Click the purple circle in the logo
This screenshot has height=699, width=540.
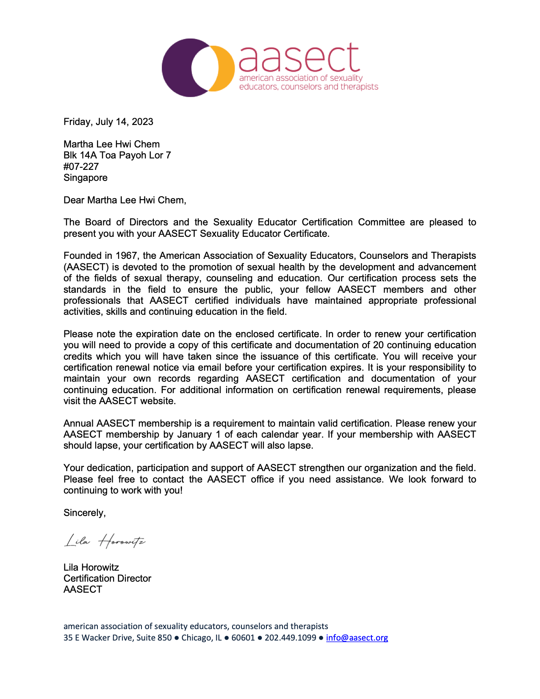click(x=178, y=68)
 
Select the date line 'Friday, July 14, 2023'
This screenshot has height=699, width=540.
click(x=108, y=122)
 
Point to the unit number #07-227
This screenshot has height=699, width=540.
click(x=81, y=166)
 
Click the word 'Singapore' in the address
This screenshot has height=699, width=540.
click(x=86, y=178)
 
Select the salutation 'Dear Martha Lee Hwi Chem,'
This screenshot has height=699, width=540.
click(x=125, y=200)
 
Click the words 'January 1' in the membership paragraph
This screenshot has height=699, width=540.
click(x=198, y=435)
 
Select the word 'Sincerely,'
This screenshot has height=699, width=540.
click(x=85, y=513)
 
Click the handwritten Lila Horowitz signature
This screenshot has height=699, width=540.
click(x=105, y=541)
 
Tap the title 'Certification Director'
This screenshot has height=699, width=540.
click(x=107, y=579)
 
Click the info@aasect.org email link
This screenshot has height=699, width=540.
click(x=357, y=638)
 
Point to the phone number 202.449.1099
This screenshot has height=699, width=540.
click(x=290, y=638)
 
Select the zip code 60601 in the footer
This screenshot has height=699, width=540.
click(x=243, y=638)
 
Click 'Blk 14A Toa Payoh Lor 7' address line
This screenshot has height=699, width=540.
click(x=117, y=155)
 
